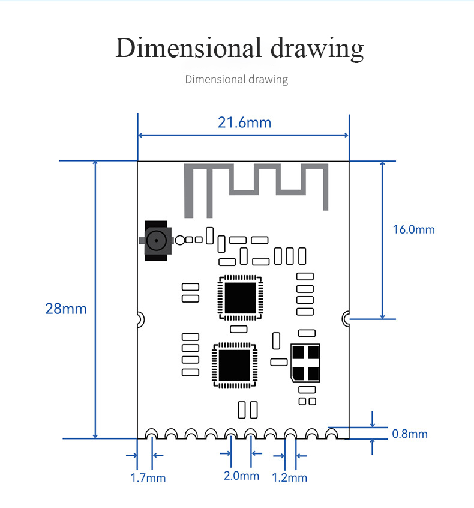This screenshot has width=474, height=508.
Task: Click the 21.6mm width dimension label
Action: pos(244,122)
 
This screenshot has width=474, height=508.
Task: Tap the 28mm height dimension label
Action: pos(66,309)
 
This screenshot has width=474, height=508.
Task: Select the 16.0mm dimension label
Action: pos(414,230)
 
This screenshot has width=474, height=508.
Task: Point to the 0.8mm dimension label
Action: pos(410,434)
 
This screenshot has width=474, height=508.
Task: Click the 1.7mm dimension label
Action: pos(148,478)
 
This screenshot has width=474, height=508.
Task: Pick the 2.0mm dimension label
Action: pos(242,476)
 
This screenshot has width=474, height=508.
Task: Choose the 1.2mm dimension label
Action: pos(289,477)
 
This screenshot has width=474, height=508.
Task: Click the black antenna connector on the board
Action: pos(156,241)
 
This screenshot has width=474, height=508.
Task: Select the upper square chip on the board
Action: pos(240,298)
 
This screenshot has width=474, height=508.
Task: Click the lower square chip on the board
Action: pos(235,365)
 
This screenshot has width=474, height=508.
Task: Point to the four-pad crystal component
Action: pos(305,363)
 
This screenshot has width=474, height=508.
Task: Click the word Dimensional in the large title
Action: pos(188,48)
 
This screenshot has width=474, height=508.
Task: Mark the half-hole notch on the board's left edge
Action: pos(141,319)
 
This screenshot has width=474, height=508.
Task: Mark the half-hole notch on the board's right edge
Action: pos(346,319)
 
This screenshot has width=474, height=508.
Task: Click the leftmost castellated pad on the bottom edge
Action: pos(152,434)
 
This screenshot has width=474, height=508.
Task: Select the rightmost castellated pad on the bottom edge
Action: pos(331,434)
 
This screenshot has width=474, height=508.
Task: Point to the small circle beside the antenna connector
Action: pos(180,240)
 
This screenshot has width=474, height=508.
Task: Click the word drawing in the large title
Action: pos(317,49)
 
